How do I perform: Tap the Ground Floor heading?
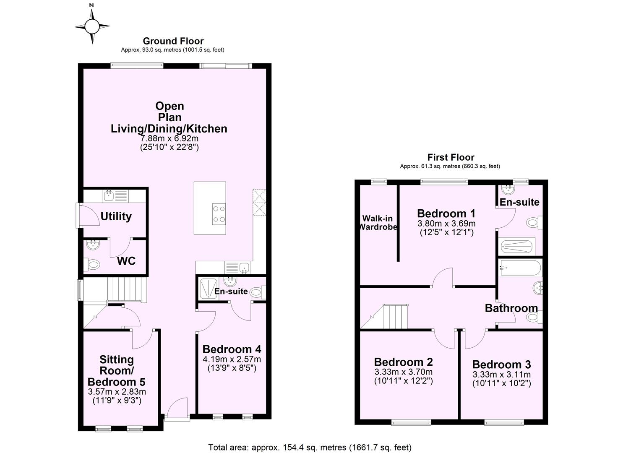click(173, 41)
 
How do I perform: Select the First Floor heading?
click(451, 157)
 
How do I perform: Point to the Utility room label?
click(116, 216)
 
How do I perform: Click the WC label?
click(126, 261)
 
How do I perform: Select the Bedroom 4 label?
click(232, 349)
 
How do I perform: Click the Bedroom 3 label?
click(501, 364)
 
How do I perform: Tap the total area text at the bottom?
click(310, 447)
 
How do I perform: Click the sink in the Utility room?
click(109, 195)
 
